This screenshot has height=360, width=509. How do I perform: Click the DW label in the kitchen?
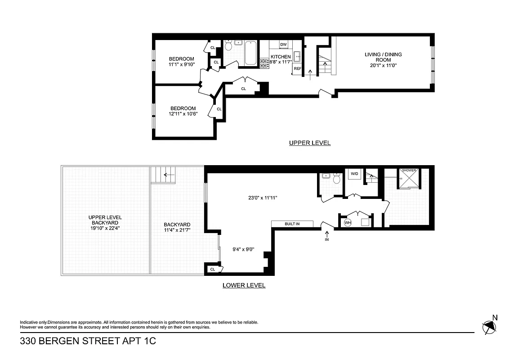pyautogui.click(x=283, y=45)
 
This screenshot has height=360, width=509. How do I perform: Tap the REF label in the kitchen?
pyautogui.click(x=297, y=69)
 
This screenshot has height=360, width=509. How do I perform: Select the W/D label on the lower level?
pyautogui.click(x=354, y=173)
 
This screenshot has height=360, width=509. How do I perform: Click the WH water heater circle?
pyautogui.click(x=348, y=222)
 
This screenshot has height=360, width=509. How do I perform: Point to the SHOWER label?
pyautogui.click(x=409, y=171)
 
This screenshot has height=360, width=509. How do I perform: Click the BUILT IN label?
pyautogui.click(x=292, y=224)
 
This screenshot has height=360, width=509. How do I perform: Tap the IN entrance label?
pyautogui.click(x=327, y=240)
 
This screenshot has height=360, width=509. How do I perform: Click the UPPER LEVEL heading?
pyautogui.click(x=310, y=143)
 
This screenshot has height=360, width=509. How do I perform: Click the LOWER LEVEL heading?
pyautogui.click(x=244, y=285)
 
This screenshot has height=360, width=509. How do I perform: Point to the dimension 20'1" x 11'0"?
pyautogui.click(x=383, y=65)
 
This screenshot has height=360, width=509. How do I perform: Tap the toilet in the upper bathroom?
pyautogui.click(x=228, y=45)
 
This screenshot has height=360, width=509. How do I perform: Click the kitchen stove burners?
pyautogui.click(x=264, y=63)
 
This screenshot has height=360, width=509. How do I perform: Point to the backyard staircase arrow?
pyautogui.click(x=169, y=175)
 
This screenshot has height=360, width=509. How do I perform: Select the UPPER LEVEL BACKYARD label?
pyautogui.click(x=105, y=223)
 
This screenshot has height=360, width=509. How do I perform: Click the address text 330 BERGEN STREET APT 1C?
pyautogui.click(x=88, y=342)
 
